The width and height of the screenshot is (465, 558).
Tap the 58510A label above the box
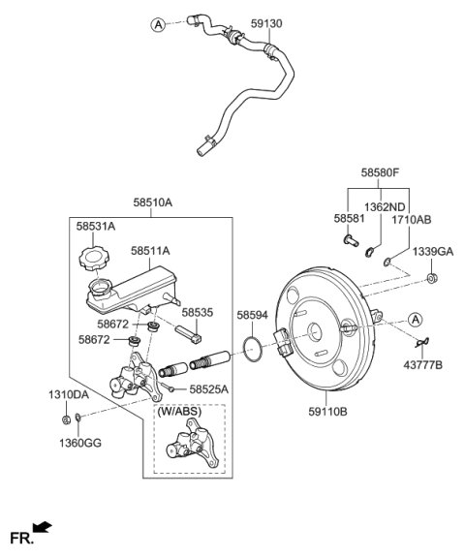click(x=153, y=204)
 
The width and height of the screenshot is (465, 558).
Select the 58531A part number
click(x=96, y=225)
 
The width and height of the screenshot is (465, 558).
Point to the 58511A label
click(x=151, y=250)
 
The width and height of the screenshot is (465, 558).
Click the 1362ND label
click(x=384, y=206)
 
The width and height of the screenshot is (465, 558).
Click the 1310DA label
click(x=68, y=394)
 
